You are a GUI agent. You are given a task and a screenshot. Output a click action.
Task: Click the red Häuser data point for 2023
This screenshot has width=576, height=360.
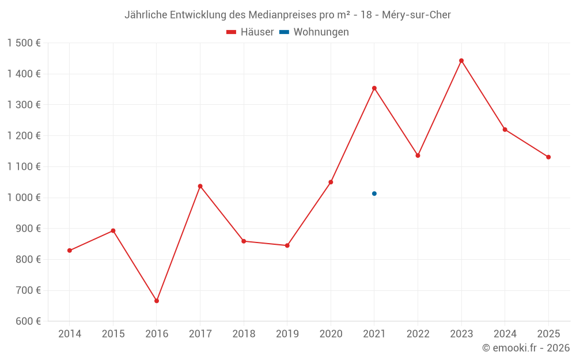pyautogui.click(x=461, y=60)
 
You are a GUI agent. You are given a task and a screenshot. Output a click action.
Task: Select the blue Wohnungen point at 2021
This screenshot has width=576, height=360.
pyautogui.click(x=374, y=194)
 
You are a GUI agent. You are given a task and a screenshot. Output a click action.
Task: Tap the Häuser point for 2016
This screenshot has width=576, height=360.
pyautogui.click(x=157, y=301)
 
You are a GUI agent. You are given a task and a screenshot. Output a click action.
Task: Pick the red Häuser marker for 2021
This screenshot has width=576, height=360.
pyautogui.click(x=374, y=88)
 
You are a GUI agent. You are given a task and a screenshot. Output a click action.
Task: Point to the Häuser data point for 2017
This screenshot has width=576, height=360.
pyautogui.click(x=200, y=186)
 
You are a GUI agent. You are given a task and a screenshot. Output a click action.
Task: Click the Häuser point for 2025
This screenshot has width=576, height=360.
pyautogui.click(x=548, y=157)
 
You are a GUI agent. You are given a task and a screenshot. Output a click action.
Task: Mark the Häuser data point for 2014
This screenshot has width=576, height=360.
pyautogui.click(x=70, y=251)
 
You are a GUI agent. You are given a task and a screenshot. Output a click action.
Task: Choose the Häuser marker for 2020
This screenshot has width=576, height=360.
pyautogui.click(x=331, y=182)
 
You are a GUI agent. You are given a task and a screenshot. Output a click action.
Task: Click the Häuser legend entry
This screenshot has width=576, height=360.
pyautogui.click(x=250, y=32)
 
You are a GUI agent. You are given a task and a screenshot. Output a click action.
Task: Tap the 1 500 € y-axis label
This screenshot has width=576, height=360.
pyautogui.click(x=24, y=43)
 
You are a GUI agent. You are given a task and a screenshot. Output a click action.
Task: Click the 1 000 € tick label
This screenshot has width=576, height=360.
pyautogui.click(x=24, y=198)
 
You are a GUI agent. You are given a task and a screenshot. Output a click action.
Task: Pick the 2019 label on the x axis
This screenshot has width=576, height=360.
pyautogui.click(x=287, y=334)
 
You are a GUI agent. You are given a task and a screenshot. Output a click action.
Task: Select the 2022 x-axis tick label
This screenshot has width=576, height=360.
pyautogui.click(x=418, y=334)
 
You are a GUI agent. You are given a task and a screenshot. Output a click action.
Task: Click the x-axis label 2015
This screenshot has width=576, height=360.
pyautogui.click(x=113, y=334)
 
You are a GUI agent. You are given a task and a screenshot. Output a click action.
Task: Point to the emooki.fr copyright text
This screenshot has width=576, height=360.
pyautogui.click(x=525, y=348)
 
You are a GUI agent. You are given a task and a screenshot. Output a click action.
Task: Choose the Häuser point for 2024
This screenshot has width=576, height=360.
pyautogui.click(x=505, y=130)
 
